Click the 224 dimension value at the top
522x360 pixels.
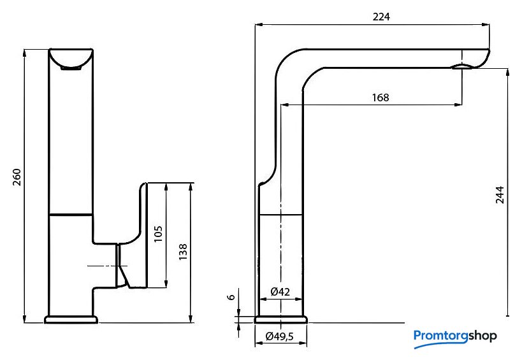(x=381, y=17)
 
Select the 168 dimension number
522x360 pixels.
(x=380, y=97)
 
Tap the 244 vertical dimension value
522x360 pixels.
(x=500, y=195)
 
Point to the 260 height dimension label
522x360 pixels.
(x=17, y=177)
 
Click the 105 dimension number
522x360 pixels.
(x=159, y=234)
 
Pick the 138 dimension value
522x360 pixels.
(x=183, y=252)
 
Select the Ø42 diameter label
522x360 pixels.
(x=280, y=292)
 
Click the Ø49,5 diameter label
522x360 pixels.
(x=280, y=336)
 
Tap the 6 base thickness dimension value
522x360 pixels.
(x=231, y=297)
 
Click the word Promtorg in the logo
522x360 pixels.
(x=441, y=335)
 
